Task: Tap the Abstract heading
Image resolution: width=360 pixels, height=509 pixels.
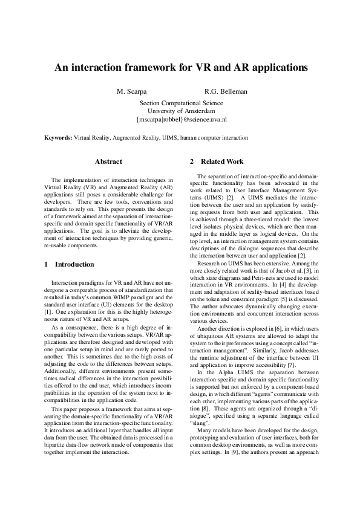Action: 109,161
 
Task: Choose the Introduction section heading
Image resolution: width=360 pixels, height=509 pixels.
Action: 74,264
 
